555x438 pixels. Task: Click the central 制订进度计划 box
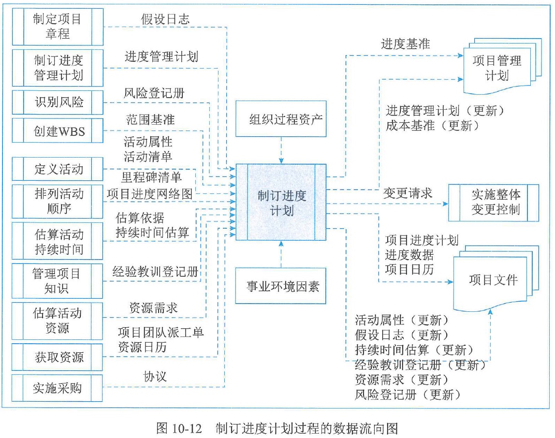(281, 202)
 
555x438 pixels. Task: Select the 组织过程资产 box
(281, 119)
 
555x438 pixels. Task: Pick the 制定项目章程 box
(57, 27)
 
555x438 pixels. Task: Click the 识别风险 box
(57, 102)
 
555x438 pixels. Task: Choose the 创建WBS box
(57, 131)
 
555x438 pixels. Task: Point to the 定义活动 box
(57, 169)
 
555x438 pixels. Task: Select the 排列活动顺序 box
(57, 201)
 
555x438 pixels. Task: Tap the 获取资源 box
(57, 357)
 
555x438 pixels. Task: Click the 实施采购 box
(57, 388)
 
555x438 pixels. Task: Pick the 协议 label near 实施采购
(155, 376)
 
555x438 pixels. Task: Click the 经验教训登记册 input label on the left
(155, 272)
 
